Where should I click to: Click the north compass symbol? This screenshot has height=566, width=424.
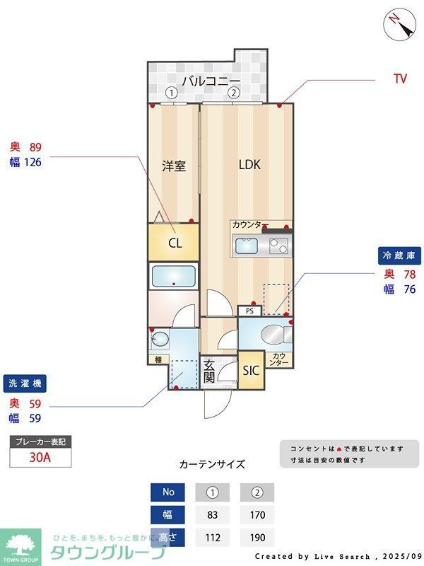point(400,26)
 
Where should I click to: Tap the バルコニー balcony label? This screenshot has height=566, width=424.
point(211,81)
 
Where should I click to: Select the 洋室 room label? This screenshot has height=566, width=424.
point(174,167)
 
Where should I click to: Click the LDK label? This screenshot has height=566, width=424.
point(249,165)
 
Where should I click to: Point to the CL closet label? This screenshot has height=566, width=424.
point(175,243)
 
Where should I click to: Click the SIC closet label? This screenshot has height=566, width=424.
point(251,371)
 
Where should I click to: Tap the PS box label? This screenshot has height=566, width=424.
point(249,311)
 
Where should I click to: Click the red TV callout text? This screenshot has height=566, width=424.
point(400,79)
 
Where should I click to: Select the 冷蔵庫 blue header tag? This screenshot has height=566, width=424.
point(401,255)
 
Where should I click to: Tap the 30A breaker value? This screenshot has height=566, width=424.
point(40,457)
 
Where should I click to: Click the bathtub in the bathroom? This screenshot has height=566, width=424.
point(173,275)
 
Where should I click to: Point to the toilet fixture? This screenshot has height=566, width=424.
point(272,334)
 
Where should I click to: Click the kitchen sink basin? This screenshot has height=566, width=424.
point(247,247)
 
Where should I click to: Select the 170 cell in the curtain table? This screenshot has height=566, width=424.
point(257,515)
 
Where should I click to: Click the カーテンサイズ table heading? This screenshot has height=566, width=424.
point(212,464)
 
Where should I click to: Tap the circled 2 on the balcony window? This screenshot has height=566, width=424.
point(234,93)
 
